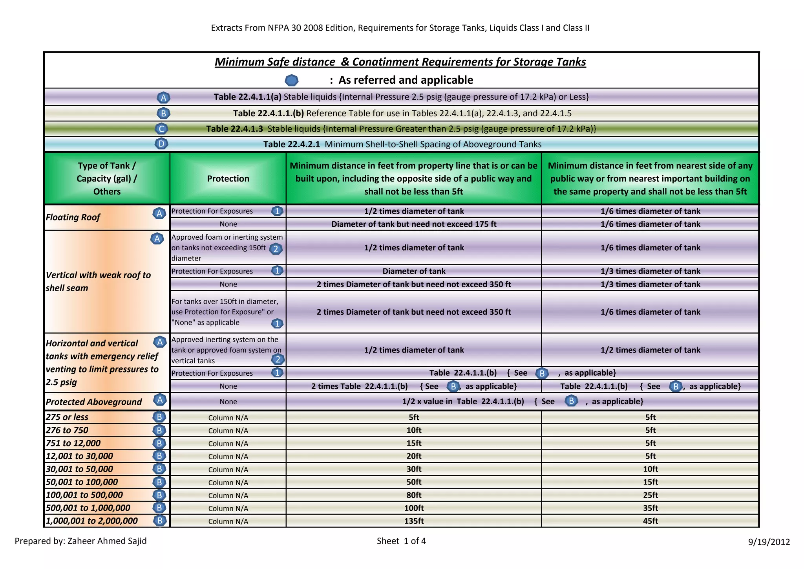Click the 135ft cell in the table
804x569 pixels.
coord(414,521)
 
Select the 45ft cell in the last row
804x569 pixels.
coord(650,521)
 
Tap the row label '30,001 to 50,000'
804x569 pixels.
coord(79,469)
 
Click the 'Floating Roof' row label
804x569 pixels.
coord(73,217)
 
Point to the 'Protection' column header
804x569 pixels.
coord(228,179)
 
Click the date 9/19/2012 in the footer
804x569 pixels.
coord(769,542)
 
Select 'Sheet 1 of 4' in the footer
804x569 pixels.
coord(401,541)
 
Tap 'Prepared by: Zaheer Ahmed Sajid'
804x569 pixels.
coord(81,541)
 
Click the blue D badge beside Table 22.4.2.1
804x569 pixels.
coord(161,144)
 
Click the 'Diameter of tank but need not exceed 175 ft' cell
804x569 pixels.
coord(414,224)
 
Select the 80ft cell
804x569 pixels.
coord(414,495)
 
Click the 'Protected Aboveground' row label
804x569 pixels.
coord(94,402)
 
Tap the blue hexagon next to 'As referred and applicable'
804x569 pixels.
coord(291,81)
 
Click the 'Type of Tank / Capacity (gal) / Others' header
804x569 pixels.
coord(107,179)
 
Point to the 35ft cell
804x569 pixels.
coord(650,508)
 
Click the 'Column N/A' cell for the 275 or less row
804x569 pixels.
coord(228,418)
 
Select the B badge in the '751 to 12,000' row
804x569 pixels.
coord(159,443)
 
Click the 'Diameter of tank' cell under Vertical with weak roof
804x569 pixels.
coord(414,271)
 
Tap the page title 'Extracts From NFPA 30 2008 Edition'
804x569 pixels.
coord(400,28)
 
